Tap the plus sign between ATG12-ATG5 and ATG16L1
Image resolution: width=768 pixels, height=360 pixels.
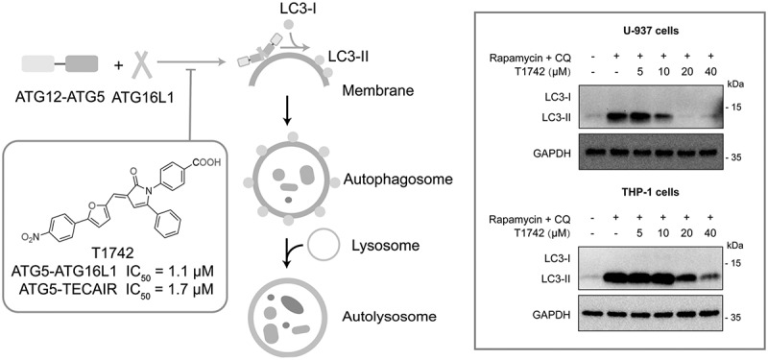(117, 64)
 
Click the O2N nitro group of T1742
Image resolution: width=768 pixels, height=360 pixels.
(34, 237)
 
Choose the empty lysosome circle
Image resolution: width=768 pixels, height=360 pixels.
(323, 245)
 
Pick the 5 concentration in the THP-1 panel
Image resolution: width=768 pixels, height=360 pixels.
(639, 232)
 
